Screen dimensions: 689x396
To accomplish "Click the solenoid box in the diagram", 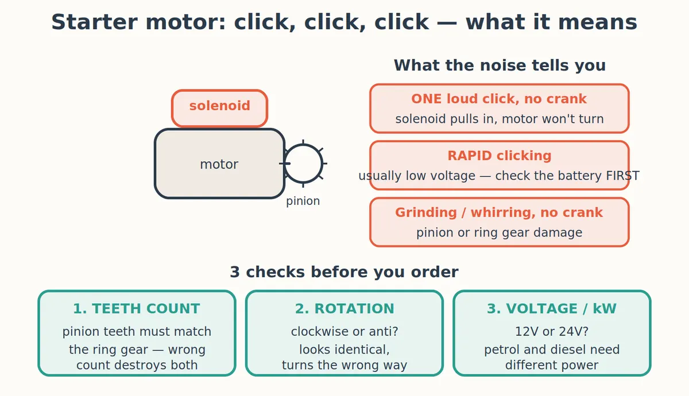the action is [x=219, y=108].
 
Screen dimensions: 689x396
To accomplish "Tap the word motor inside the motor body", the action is [x=219, y=164].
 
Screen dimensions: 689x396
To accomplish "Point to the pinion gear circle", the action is [x=322, y=164].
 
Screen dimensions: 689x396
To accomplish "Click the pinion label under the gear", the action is [x=303, y=201].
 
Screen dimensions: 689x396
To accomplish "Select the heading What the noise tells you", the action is [x=500, y=65].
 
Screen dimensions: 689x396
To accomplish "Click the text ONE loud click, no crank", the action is [x=499, y=99].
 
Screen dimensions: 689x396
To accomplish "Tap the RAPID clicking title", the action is [x=499, y=156].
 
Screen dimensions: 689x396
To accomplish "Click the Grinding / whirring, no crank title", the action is [x=499, y=212].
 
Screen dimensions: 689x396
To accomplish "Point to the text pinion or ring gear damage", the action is [x=499, y=232].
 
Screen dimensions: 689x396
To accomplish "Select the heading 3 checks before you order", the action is [x=344, y=272].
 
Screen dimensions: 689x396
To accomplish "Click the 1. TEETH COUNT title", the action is [x=137, y=309].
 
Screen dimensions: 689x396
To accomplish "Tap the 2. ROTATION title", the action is [x=344, y=309].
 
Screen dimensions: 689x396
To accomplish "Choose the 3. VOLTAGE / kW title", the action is [x=552, y=309].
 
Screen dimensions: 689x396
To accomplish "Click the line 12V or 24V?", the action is [x=552, y=332].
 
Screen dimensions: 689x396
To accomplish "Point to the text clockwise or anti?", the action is [x=344, y=332].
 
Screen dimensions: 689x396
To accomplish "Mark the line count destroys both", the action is [x=137, y=365].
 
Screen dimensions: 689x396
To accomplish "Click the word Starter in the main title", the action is [x=94, y=22].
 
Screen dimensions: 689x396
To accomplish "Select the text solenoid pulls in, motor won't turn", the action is [x=499, y=119].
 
